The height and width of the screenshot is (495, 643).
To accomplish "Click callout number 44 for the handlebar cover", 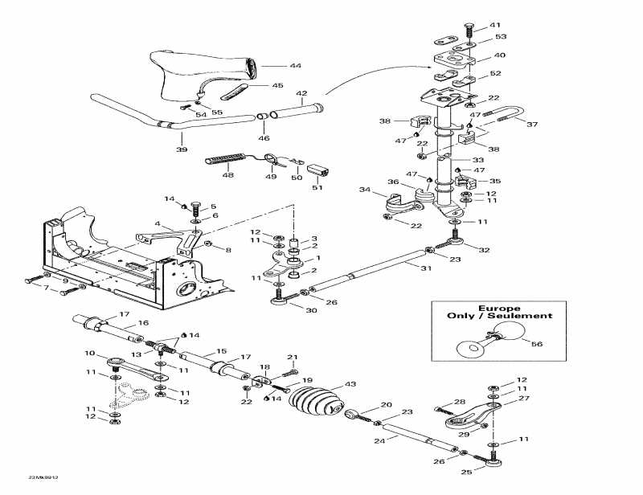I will coord(272,64).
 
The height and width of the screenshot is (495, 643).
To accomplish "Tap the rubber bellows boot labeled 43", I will coord(313,402).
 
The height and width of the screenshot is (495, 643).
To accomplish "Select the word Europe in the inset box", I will coord(499,309).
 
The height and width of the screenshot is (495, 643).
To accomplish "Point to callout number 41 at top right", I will coord(494,24).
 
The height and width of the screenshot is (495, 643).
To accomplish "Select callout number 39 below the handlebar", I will coord(182,149).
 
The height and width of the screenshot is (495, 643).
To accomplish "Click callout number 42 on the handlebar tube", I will coord(301,93).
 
